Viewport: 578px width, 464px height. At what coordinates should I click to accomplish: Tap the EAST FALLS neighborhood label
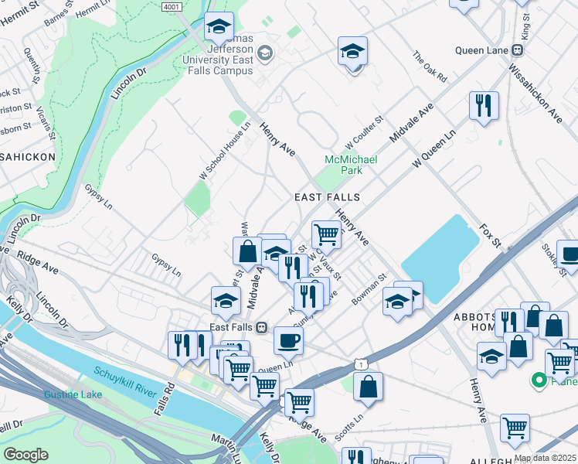[328, 198]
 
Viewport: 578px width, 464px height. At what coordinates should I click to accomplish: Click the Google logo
[25, 455]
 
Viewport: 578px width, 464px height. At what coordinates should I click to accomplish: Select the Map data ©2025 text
[544, 458]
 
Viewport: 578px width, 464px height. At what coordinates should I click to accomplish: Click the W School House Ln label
[224, 151]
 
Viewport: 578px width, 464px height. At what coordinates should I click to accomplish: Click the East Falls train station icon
[262, 328]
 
